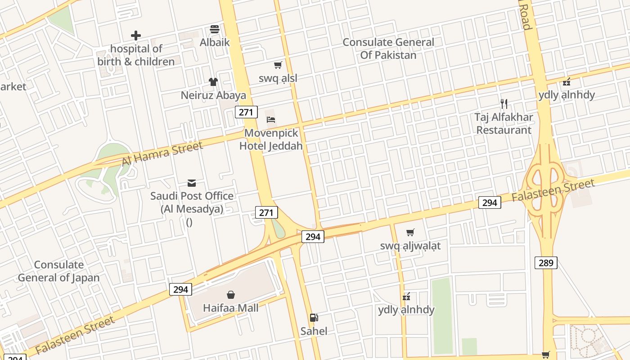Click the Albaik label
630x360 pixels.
pyautogui.click(x=215, y=42)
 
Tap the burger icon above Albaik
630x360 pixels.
pyautogui.click(x=215, y=30)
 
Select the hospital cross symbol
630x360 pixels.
pyautogui.click(x=136, y=36)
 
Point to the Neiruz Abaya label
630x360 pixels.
pyautogui.click(x=213, y=95)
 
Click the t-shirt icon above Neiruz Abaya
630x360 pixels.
pyautogui.click(x=213, y=82)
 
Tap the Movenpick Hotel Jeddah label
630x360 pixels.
pyautogui.click(x=271, y=139)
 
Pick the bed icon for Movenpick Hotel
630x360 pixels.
pyautogui.click(x=271, y=120)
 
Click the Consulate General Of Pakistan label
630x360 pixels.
pyautogui.click(x=388, y=49)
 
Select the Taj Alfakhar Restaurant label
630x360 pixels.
pyautogui.click(x=504, y=123)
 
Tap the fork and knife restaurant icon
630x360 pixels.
pyautogui.click(x=504, y=104)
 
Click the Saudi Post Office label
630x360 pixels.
pyautogui.click(x=192, y=202)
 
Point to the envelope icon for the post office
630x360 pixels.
pyautogui.click(x=192, y=183)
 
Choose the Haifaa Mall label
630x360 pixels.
pyautogui.click(x=231, y=308)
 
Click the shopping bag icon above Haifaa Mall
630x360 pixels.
pyautogui.click(x=231, y=295)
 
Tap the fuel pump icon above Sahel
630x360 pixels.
pyautogui.click(x=314, y=318)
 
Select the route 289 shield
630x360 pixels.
pyautogui.click(x=546, y=262)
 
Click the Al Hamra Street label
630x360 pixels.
pyautogui.click(x=162, y=153)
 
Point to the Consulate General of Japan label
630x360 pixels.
pyautogui.click(x=58, y=271)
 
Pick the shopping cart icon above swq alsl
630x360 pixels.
pyautogui.click(x=278, y=65)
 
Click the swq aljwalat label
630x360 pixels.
pyautogui.click(x=410, y=246)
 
